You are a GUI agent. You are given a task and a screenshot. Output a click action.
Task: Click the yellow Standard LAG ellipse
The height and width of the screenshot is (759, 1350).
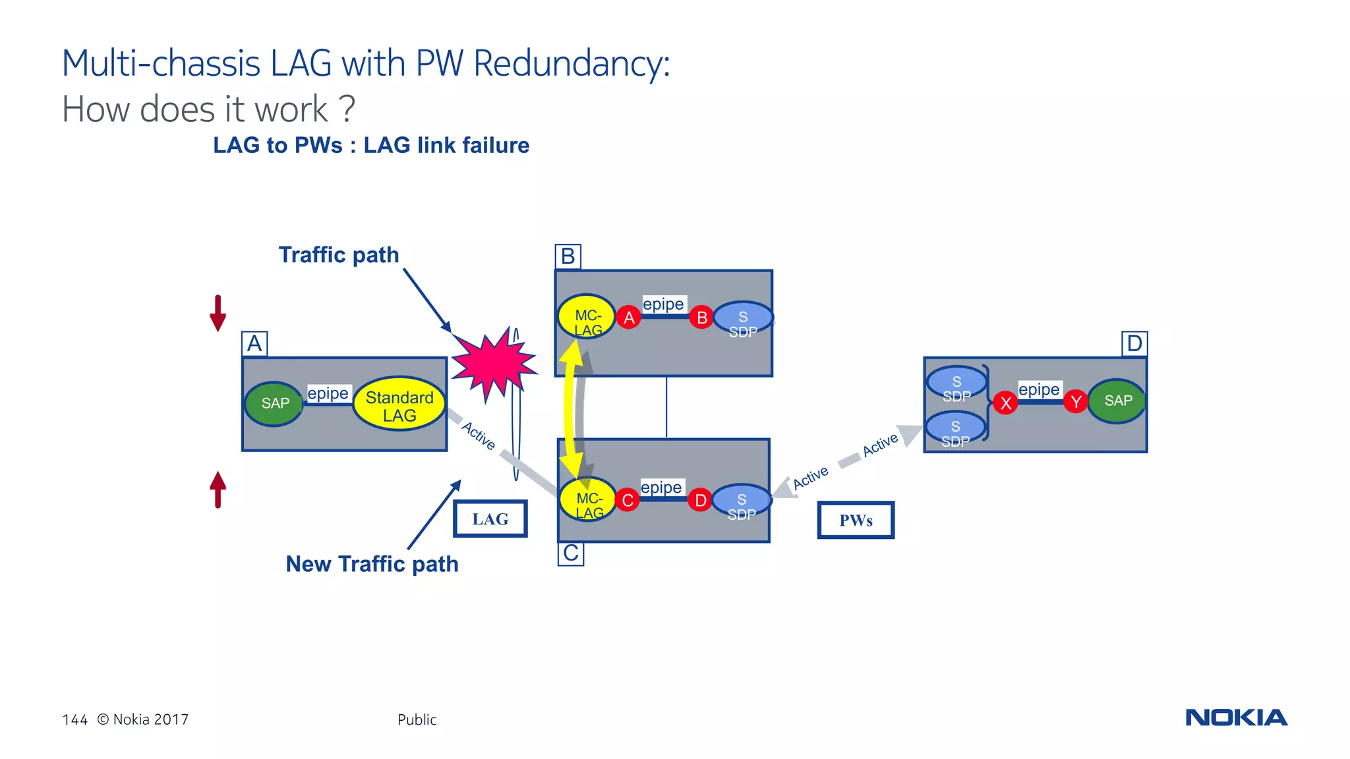[x=399, y=404]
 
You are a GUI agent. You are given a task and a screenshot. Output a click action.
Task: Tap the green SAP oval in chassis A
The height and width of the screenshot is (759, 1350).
[x=274, y=403]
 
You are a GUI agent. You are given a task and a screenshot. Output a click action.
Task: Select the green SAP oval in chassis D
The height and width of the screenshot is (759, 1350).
[x=1117, y=401]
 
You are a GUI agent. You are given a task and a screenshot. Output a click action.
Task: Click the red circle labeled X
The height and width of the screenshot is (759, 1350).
[x=1005, y=403]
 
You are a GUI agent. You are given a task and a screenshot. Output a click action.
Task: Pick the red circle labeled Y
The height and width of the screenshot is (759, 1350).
[x=1075, y=401]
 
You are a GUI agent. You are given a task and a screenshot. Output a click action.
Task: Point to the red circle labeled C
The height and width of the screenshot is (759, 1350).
[x=628, y=500]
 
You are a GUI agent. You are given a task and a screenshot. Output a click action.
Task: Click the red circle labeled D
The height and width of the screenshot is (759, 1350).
[x=700, y=500]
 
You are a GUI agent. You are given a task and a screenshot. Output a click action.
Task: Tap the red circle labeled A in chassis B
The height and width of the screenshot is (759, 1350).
[x=629, y=318]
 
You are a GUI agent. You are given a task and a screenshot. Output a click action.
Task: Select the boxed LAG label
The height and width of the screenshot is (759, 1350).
[x=490, y=519]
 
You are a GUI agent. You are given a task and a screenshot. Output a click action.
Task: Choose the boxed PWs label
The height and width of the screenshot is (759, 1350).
[x=856, y=520]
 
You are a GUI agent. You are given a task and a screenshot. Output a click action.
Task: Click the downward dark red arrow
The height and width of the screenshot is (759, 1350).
[x=218, y=314]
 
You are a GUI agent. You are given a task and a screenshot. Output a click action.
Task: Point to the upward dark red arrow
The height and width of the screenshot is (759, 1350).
[x=218, y=490]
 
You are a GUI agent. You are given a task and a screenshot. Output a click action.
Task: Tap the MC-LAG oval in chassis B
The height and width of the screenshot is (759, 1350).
[x=586, y=318]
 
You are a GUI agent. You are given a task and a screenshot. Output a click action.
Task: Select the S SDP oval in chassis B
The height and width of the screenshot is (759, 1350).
[x=743, y=318]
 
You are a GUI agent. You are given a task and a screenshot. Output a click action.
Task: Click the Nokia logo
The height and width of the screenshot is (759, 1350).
[x=1236, y=717]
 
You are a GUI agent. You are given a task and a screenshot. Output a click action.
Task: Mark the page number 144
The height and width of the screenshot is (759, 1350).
[x=74, y=719]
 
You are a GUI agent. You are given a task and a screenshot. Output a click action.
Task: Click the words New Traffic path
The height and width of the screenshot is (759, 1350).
[x=372, y=564]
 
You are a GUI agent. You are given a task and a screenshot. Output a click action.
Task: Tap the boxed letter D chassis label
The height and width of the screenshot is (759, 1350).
[x=1134, y=344]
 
